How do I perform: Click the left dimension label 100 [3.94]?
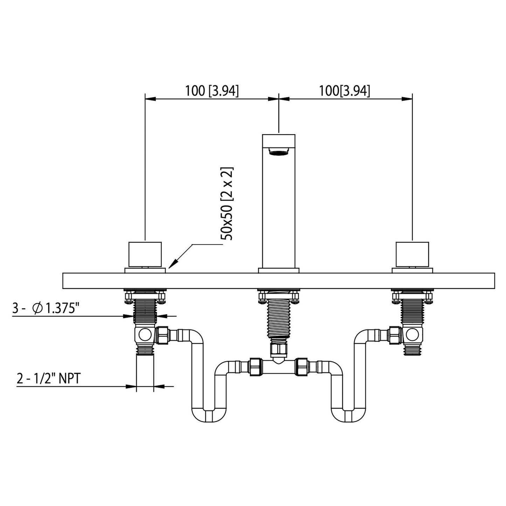212,91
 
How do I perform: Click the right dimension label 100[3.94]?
344,91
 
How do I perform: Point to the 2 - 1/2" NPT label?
49,379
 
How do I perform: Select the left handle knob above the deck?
145,254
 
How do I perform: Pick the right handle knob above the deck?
412,254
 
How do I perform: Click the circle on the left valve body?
144,335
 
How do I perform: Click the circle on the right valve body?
413,335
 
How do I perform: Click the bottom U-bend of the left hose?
209,415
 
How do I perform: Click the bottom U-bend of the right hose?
348,415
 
